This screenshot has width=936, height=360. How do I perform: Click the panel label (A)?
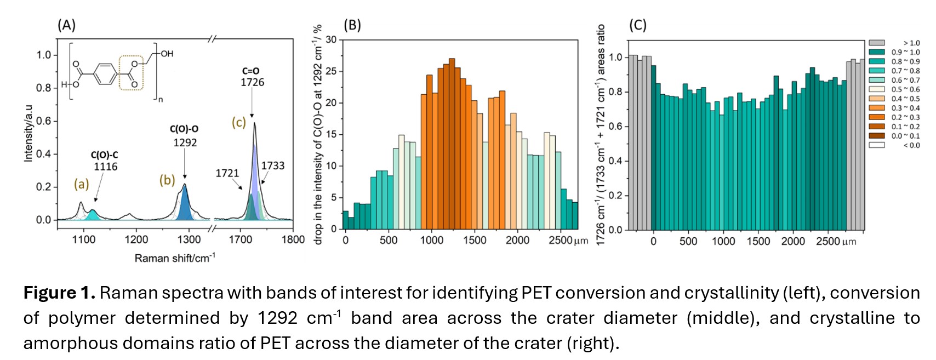[x=67, y=25]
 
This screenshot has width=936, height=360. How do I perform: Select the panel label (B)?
[x=352, y=25]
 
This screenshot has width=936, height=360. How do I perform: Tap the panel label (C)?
[x=638, y=25]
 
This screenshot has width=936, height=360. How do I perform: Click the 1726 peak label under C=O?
[x=252, y=83]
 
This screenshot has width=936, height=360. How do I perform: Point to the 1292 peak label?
[x=185, y=143]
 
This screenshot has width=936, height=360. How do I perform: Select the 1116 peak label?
[x=105, y=167]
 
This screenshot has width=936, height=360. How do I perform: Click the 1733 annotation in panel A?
[x=272, y=166]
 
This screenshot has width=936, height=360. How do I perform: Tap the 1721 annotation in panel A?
[x=227, y=174]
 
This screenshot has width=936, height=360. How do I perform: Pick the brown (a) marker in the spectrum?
[x=82, y=184]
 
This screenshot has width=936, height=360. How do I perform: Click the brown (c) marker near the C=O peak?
[x=239, y=122]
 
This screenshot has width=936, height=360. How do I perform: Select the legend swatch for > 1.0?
[x=877, y=43]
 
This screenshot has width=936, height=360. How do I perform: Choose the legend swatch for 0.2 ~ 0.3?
[x=877, y=117]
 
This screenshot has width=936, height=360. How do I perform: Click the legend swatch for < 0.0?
[x=877, y=145]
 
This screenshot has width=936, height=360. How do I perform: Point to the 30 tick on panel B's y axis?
[x=331, y=39]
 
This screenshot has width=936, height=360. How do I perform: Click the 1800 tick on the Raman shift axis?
[x=293, y=239]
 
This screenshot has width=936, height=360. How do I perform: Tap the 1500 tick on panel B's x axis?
[x=474, y=241]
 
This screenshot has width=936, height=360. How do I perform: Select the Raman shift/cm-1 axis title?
[x=175, y=258]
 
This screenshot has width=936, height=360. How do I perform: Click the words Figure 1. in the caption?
[x=59, y=293]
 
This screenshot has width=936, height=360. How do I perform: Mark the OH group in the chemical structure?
[x=167, y=54]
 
